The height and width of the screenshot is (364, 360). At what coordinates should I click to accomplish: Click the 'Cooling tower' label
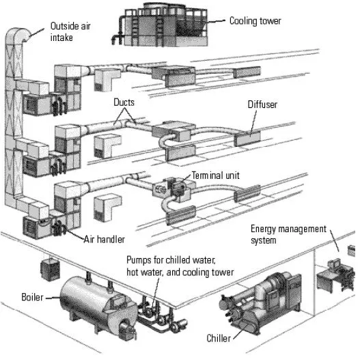pyautogui.click(x=255, y=21)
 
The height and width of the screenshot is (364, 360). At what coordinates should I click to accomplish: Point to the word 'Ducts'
pyautogui.click(x=124, y=102)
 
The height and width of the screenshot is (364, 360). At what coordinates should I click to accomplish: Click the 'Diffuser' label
pyautogui.click(x=264, y=104)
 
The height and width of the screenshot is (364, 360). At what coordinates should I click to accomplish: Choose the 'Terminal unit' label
pyautogui.click(x=215, y=175)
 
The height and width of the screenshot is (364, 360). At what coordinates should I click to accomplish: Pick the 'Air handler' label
pyautogui.click(x=106, y=239)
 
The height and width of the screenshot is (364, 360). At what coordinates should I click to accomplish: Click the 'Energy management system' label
pyautogui.click(x=288, y=234)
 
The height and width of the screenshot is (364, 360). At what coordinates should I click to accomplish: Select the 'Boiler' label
pyautogui.click(x=32, y=297)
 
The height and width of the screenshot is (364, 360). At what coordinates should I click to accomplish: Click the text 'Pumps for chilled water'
pyautogui.click(x=171, y=261)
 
